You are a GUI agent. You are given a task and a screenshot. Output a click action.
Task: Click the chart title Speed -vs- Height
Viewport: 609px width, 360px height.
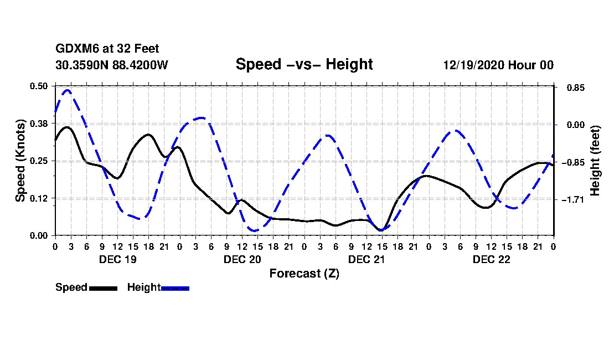[304, 64]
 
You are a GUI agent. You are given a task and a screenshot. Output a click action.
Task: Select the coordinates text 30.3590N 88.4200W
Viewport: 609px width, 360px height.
[111, 65]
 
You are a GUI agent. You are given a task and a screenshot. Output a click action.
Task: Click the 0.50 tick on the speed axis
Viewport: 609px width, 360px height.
[39, 86]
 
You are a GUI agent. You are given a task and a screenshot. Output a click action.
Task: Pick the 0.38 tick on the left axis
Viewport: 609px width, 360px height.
[39, 124]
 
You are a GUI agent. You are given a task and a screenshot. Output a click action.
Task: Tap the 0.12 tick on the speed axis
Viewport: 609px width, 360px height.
[39, 198]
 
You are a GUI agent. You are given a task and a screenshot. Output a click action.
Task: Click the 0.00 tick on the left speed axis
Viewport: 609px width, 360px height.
[39, 235]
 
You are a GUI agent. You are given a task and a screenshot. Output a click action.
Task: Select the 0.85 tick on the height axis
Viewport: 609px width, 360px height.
[571, 88]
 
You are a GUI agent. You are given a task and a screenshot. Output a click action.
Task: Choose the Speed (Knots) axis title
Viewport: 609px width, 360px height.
[20, 160]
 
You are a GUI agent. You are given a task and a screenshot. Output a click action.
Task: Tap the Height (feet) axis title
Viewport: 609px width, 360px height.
[595, 161]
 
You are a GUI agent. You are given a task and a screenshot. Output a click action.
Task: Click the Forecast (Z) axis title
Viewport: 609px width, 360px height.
[304, 273]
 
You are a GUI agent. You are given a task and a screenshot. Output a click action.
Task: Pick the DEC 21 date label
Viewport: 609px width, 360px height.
[367, 259]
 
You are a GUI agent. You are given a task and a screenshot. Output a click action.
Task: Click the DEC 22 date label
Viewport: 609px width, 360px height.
[491, 259]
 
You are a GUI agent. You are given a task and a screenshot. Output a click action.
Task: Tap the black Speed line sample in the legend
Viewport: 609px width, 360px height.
[102, 288]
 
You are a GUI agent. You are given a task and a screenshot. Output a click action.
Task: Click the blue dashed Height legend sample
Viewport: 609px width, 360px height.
[175, 288]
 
